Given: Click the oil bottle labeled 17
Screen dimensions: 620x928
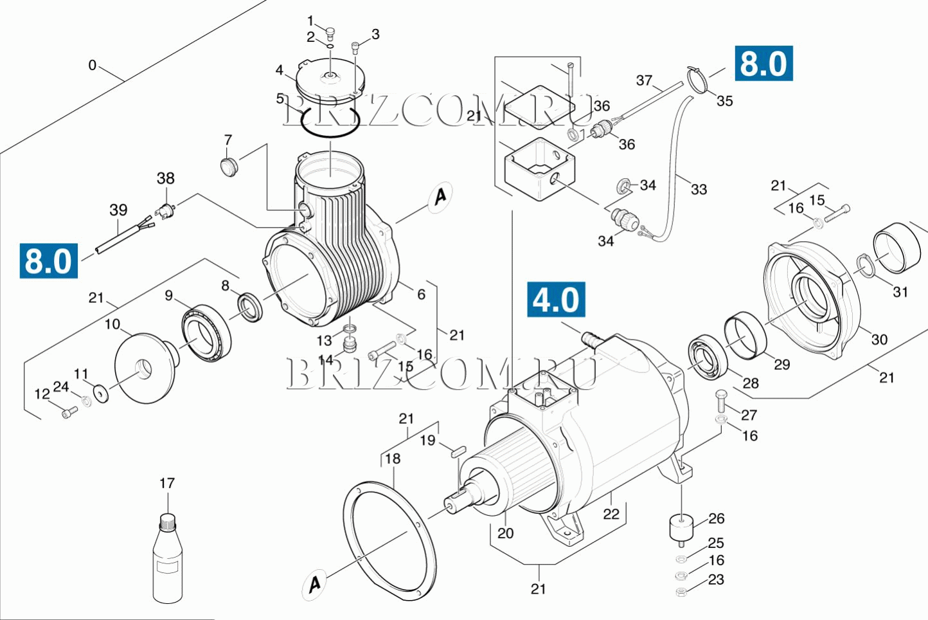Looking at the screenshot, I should [x=167, y=560].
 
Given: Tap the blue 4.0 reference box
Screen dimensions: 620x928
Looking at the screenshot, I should [x=556, y=300].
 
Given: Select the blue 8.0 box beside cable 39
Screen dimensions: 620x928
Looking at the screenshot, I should [x=49, y=260].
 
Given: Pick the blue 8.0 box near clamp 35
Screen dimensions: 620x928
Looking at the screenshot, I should [x=763, y=64].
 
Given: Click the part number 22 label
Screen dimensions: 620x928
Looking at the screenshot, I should [x=611, y=514].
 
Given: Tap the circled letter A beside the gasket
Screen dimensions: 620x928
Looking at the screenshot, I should [x=314, y=584].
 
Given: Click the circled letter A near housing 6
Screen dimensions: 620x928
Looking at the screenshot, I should [x=440, y=196].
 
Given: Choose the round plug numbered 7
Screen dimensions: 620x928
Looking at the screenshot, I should [x=229, y=166].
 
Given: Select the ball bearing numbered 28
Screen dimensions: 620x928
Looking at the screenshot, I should [x=708, y=357].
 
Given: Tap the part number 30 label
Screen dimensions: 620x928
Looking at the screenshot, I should [x=879, y=340].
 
